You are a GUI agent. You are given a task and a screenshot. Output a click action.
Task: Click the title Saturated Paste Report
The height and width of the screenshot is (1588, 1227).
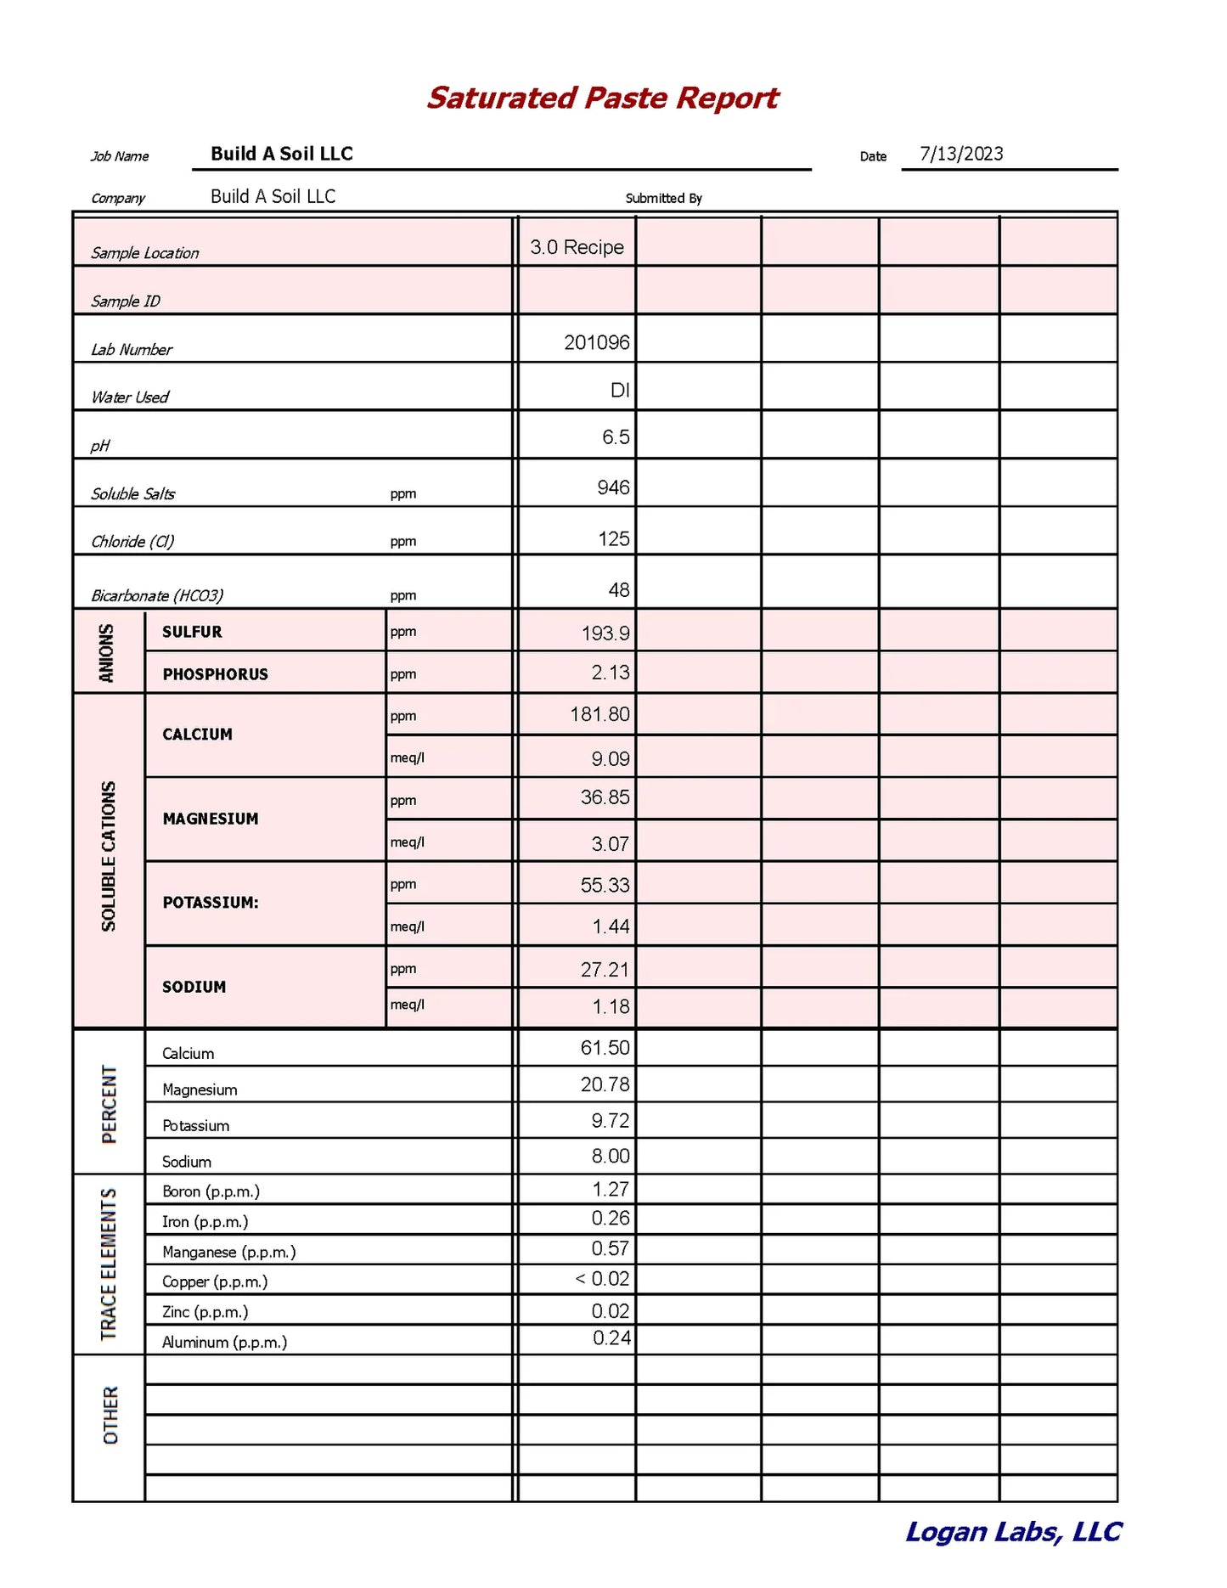click(602, 98)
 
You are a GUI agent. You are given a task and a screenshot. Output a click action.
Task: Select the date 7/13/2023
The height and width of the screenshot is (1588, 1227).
click(961, 154)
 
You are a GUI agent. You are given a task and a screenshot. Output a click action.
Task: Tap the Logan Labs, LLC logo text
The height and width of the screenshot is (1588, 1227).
click(1013, 1532)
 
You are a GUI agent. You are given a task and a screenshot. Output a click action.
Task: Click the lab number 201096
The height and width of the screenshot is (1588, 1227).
click(596, 342)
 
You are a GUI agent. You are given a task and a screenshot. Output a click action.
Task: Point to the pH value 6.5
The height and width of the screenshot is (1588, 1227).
click(616, 437)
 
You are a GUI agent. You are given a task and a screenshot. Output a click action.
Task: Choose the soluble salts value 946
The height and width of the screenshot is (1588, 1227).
click(613, 487)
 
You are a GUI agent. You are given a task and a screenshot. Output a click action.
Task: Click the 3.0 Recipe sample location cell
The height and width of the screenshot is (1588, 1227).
click(577, 247)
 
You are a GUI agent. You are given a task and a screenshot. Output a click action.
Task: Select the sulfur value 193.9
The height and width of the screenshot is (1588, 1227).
click(605, 634)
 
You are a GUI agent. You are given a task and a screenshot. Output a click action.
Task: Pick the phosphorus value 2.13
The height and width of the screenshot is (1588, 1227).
click(611, 673)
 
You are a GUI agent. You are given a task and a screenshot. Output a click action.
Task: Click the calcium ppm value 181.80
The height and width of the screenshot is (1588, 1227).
click(599, 714)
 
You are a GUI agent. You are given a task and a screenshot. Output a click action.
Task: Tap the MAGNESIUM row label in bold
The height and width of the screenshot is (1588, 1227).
click(211, 819)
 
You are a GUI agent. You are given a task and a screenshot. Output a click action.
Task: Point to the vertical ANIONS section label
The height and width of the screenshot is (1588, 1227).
click(107, 652)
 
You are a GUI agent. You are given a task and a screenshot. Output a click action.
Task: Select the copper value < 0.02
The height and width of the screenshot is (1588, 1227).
click(602, 1279)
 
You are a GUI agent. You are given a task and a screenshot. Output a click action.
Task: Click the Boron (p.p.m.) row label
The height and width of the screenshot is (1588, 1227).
click(211, 1191)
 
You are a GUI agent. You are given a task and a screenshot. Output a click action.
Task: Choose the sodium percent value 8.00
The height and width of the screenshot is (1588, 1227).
click(611, 1156)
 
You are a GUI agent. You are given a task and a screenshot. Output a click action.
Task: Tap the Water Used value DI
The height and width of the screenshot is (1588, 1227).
click(620, 390)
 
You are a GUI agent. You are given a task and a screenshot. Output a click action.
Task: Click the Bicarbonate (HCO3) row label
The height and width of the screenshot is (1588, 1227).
click(157, 595)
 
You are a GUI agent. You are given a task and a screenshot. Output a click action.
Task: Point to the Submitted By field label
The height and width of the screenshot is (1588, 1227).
click(663, 198)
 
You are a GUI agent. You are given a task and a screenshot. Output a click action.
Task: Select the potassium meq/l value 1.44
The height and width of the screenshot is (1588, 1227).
click(611, 926)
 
